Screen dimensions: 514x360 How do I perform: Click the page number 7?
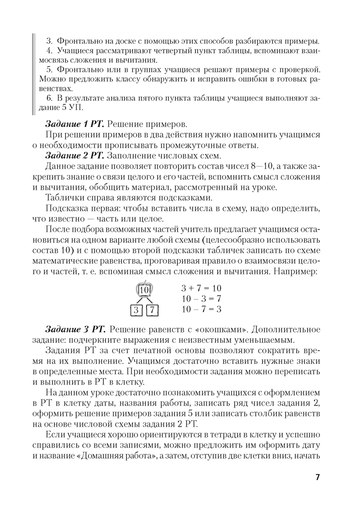click(x=317, y=478)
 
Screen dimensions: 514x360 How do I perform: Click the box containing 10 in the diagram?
click(x=145, y=290)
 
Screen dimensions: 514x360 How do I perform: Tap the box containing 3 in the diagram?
click(x=136, y=310)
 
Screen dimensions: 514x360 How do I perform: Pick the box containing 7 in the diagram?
click(x=153, y=310)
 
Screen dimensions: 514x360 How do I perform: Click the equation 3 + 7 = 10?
click(x=201, y=288)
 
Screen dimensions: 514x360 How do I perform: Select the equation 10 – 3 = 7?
click(x=201, y=299)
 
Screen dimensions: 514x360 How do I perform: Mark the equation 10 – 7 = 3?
click(x=201, y=309)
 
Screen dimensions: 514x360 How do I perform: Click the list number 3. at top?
click(x=49, y=41)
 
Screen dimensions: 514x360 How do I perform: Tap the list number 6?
click(x=49, y=98)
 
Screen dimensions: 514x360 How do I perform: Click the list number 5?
click(x=49, y=69)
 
